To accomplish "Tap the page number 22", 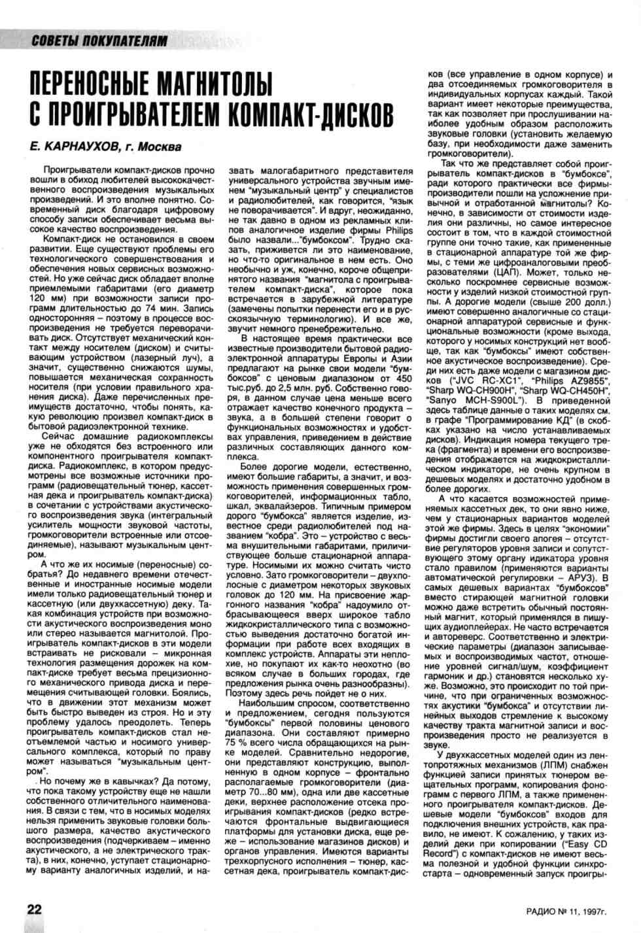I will (34, 909).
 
